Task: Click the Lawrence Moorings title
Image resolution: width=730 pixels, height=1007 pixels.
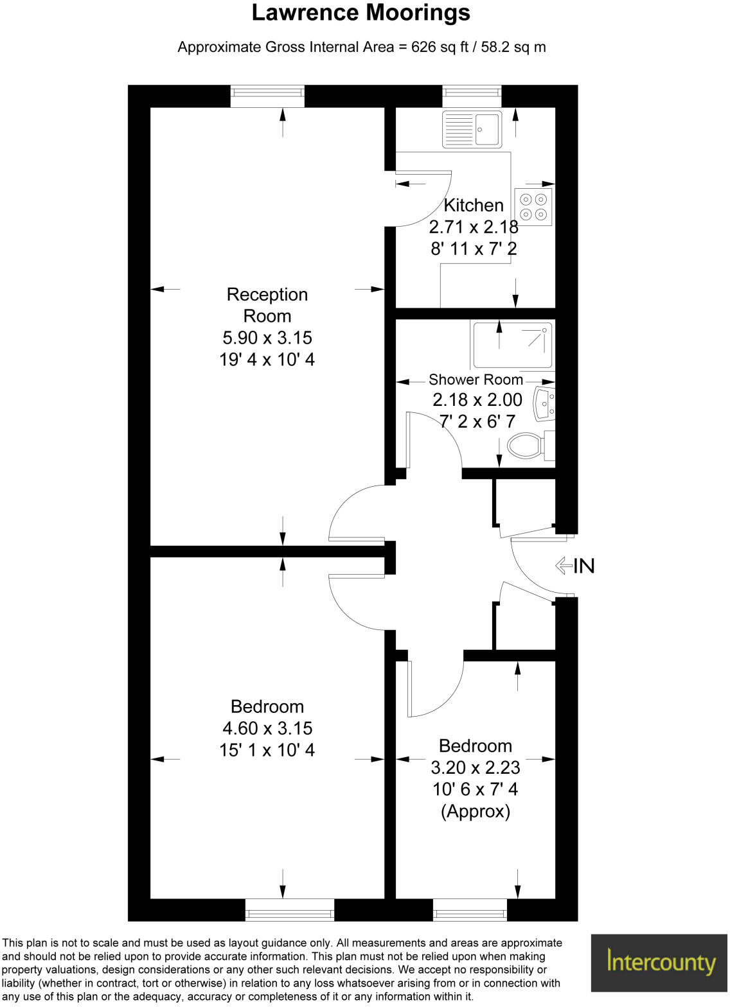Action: coord(361,13)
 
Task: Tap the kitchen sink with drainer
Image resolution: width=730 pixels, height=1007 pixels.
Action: coord(472,129)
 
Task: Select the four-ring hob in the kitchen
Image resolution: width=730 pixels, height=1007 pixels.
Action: coord(533,207)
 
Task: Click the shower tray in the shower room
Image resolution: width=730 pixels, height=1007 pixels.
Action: coord(512,345)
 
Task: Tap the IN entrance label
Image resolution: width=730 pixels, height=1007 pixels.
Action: coord(584,566)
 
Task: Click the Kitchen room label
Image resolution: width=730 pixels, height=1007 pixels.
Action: coord(474,206)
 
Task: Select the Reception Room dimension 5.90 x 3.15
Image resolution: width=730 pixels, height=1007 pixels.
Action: coord(267,338)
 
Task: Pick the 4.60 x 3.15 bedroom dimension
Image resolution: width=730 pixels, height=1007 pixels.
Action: coord(267,728)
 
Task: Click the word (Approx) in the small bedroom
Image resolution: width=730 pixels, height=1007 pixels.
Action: coord(476,811)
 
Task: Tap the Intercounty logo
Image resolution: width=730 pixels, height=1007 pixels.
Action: coord(660,963)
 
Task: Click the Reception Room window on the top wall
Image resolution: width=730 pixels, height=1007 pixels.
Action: coord(267,96)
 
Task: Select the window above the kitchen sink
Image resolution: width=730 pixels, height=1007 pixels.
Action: coord(472,96)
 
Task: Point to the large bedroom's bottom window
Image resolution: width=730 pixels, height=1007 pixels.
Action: coord(290,909)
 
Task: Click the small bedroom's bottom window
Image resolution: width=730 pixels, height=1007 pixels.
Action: coord(470,909)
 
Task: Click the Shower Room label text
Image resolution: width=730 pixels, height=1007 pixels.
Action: coord(476,380)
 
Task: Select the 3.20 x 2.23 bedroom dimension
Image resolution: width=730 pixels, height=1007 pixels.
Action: coord(476,767)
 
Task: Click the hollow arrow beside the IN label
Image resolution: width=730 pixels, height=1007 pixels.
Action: coord(564,566)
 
